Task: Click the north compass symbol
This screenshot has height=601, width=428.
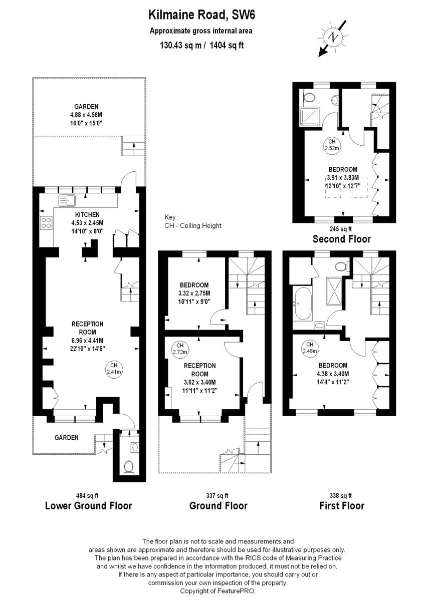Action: point(331,36)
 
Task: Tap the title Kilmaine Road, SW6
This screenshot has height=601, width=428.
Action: point(201,15)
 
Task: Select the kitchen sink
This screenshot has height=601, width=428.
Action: point(67,201)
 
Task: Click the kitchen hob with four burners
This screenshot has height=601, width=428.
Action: point(46,223)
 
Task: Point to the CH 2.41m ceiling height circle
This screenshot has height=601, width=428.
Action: point(114,369)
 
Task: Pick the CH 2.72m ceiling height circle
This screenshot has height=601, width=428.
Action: point(180,349)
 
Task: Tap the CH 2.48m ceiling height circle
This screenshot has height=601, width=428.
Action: point(310,348)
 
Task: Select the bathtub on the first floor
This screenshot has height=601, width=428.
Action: point(303,304)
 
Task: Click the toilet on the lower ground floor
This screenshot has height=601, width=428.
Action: point(129,466)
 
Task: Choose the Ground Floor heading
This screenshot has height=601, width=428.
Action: point(218,506)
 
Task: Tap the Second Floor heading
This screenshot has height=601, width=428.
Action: point(342,238)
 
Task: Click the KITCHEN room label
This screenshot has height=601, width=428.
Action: point(88,215)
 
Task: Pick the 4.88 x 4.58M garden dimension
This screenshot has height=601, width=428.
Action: point(86,115)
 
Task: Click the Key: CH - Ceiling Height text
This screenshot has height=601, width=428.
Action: point(193,221)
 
